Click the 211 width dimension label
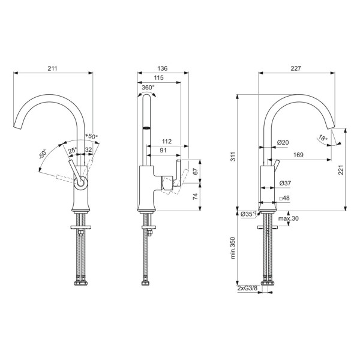click(52, 68)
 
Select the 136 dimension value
click(163, 68)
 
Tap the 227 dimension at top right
click(296, 68)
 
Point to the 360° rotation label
click(148, 88)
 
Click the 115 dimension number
click(158, 77)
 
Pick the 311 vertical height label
click(233, 157)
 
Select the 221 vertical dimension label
click(341, 170)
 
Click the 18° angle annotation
click(323, 138)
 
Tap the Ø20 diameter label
click(283, 142)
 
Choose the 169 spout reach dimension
click(298, 155)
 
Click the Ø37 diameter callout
click(285, 183)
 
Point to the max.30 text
click(289, 218)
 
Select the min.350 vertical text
click(233, 248)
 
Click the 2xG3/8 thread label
click(247, 288)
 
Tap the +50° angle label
click(91, 136)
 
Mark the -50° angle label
click(43, 154)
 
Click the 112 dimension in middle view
click(167, 141)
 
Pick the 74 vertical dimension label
click(195, 196)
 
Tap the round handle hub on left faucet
click(80, 183)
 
